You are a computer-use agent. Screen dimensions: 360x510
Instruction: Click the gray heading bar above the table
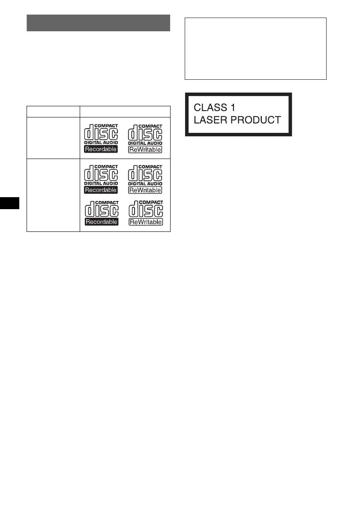point(99,23)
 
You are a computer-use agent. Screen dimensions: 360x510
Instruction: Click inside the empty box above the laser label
point(255,48)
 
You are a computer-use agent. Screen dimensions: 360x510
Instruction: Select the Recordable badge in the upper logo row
point(101,150)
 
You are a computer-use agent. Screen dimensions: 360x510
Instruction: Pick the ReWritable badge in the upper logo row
point(145,150)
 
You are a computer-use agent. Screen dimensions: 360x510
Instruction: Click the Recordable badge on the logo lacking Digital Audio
point(101,222)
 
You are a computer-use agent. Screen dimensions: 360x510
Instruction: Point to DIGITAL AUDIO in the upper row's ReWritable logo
point(145,143)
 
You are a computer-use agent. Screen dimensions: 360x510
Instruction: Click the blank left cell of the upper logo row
point(53,138)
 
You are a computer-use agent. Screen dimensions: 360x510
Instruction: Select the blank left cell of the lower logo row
point(53,195)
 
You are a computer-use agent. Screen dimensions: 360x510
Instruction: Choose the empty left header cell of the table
point(53,111)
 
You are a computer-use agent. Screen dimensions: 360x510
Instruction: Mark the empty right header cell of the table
point(125,111)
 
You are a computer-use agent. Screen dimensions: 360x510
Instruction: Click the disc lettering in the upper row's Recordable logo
point(101,134)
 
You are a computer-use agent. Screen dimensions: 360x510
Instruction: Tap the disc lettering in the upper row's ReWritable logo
point(145,134)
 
